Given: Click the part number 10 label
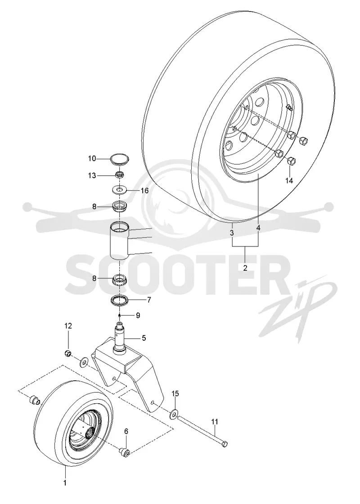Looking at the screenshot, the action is click(92, 158).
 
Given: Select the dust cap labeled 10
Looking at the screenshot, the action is click(120, 159).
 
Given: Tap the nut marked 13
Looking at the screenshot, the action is click(120, 175).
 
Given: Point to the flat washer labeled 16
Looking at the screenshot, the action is click(120, 190).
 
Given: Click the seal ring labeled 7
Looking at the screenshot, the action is click(120, 301).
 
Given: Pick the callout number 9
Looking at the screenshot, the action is click(138, 316).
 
